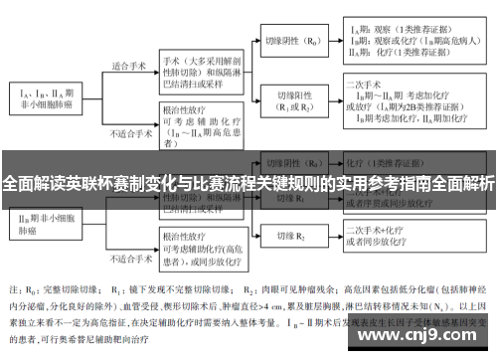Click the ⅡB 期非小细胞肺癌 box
(44, 221)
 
